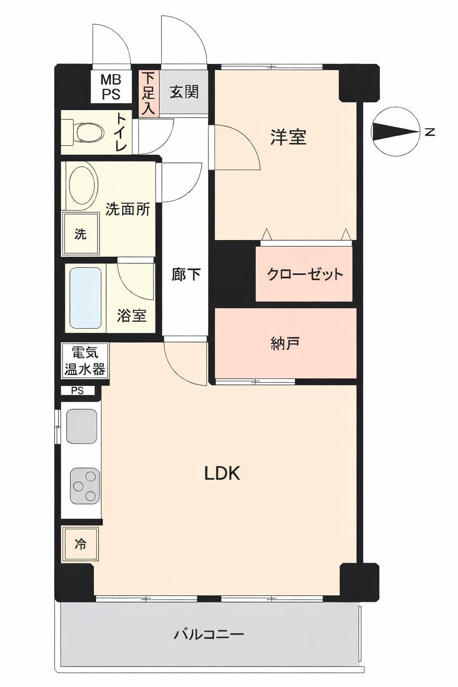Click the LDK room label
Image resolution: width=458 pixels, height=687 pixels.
click(222, 473)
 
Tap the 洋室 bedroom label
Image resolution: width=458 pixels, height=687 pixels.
click(288, 137)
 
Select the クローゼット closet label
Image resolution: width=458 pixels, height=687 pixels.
click(305, 274)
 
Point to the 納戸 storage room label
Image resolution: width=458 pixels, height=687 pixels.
click(285, 343)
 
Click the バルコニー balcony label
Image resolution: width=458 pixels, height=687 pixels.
click(209, 634)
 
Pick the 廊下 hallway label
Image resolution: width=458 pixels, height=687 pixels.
click(186, 274)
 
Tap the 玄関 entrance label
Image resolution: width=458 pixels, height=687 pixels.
click(184, 92)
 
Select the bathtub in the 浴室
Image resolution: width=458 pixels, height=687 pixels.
click(85, 297)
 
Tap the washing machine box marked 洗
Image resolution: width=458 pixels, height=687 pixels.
click(81, 233)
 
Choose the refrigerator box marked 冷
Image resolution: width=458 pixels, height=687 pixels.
click(81, 544)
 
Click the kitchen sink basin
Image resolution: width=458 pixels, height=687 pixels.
click(82, 426)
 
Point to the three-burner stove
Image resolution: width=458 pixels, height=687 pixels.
click(85, 486)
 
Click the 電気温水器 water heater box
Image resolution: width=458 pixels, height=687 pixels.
click(85, 361)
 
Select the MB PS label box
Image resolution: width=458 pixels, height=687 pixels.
click(111, 87)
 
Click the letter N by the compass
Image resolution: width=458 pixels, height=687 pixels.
click(430, 132)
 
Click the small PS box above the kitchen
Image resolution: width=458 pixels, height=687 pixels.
click(78, 390)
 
